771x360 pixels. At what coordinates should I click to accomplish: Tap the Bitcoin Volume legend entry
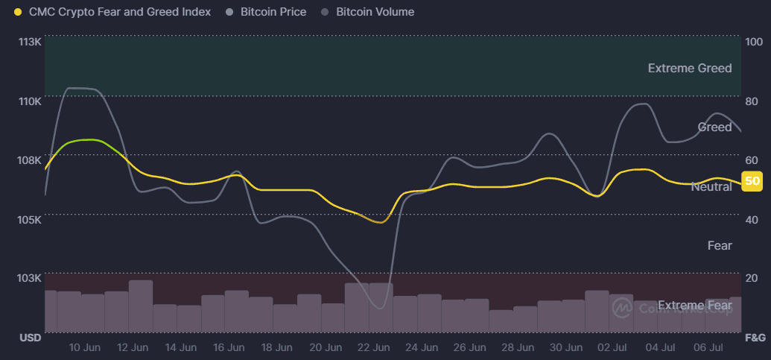pos(375,12)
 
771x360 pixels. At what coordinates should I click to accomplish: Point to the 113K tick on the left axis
pos(30,42)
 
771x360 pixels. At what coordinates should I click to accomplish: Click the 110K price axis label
pos(30,101)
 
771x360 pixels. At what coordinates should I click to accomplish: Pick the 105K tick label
pos(30,219)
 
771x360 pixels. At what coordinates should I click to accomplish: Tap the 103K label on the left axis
pos(30,278)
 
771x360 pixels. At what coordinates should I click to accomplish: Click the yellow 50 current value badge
pos(752,181)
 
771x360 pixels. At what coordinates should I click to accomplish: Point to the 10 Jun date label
pos(84,347)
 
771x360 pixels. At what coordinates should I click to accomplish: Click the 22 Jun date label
pos(373,347)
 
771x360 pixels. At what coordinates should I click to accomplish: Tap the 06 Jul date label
pos(709,347)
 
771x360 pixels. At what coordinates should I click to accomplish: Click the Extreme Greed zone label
pos(690,69)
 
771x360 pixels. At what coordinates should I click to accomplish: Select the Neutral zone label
pos(711,186)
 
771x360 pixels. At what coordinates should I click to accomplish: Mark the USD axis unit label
pos(30,338)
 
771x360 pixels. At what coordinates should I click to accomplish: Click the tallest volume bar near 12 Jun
pos(141,306)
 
